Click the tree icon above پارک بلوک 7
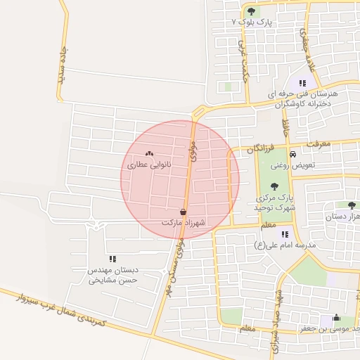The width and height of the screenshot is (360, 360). pyautogui.click(x=252, y=11)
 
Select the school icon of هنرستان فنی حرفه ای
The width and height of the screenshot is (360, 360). pyautogui.click(x=303, y=82)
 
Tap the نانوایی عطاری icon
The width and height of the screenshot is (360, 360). pyautogui.click(x=149, y=153)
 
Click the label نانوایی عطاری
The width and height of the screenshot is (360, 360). pyautogui.click(x=149, y=165)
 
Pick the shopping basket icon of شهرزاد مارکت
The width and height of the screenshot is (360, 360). pyautogui.click(x=184, y=211)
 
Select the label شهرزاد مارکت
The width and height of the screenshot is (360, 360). pyautogui.click(x=182, y=222)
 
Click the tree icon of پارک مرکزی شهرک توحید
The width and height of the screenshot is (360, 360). pyautogui.click(x=274, y=186)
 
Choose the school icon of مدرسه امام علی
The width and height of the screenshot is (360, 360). pyautogui.click(x=284, y=234)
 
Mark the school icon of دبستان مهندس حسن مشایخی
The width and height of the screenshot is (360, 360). pyautogui.click(x=112, y=259)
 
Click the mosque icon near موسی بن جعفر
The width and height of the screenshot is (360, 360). pyautogui.click(x=336, y=317)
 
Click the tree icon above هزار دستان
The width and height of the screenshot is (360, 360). pyautogui.click(x=352, y=205)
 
